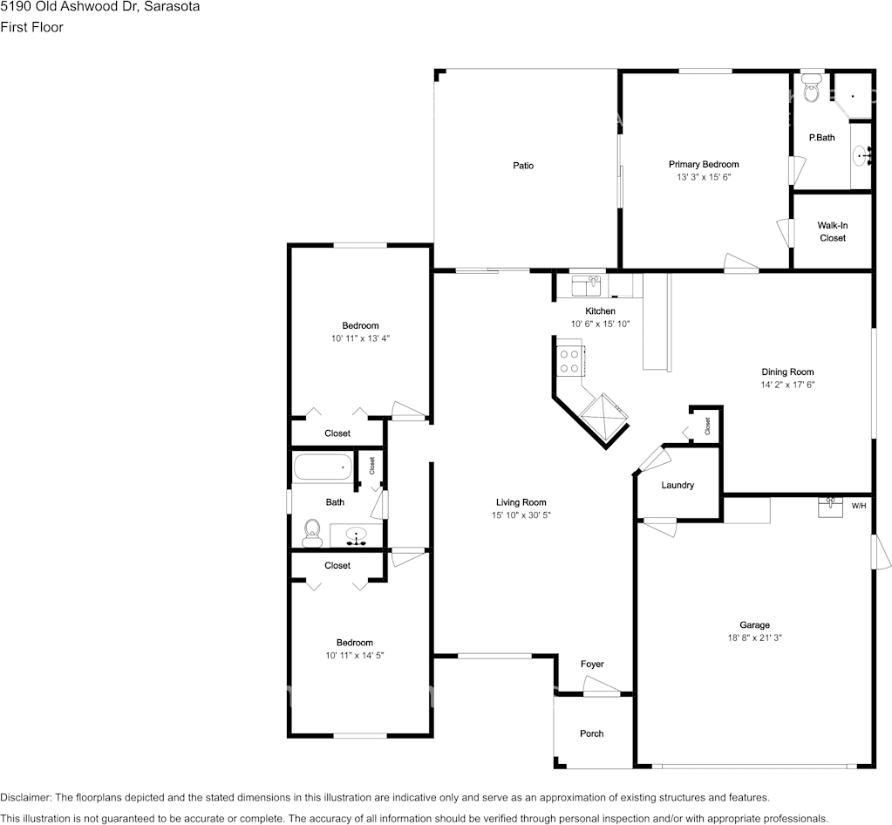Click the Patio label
tap(523, 166)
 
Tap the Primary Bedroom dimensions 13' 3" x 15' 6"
tap(704, 177)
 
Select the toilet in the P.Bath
tap(812, 89)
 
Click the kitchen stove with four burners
tap(569, 361)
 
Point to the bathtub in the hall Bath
tap(323, 467)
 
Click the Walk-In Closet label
tap(832, 232)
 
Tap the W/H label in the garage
tap(859, 506)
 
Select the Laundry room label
tap(678, 486)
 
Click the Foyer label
tap(592, 664)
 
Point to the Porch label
tap(592, 733)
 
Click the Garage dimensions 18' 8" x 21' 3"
tap(755, 637)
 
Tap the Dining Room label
tap(788, 372)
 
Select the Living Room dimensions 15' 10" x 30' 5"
tap(521, 515)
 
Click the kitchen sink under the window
tap(587, 286)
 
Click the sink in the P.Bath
tap(863, 154)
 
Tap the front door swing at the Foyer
tap(602, 685)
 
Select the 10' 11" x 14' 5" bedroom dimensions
tap(355, 656)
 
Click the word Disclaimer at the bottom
tap(25, 798)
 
